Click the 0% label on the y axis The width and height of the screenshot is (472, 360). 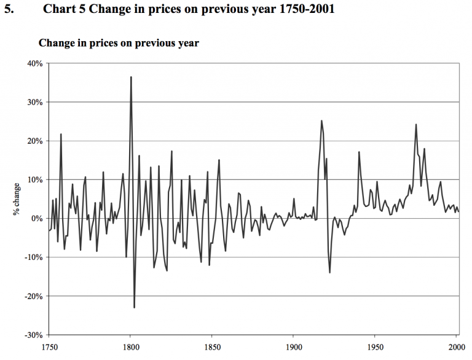36,219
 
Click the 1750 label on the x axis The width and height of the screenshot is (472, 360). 49,346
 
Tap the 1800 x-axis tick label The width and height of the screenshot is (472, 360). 130,346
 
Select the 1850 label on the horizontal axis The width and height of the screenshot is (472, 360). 211,346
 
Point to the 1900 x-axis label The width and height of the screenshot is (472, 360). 293,346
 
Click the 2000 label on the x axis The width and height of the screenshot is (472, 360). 455,346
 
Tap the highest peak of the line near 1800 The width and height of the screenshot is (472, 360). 131,77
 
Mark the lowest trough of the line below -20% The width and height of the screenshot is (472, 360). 134,307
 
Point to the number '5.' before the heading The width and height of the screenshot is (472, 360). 9,10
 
